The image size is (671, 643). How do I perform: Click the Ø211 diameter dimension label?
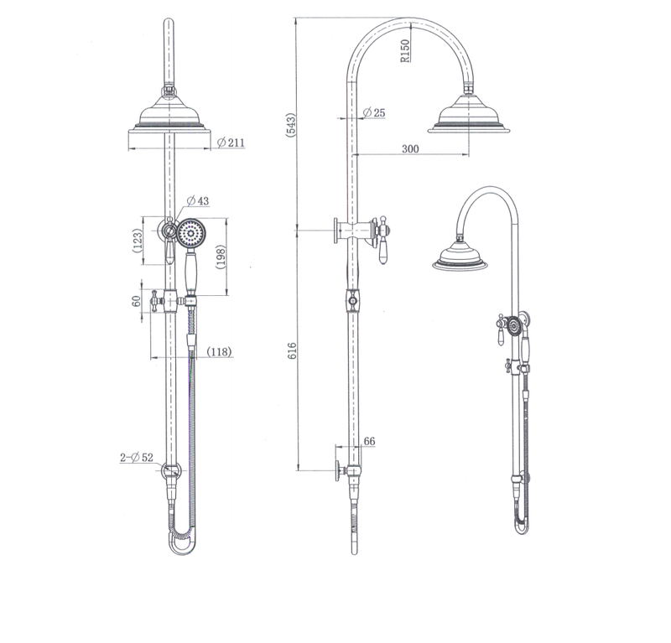pyautogui.click(x=231, y=143)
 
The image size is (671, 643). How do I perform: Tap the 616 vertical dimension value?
pyautogui.click(x=291, y=350)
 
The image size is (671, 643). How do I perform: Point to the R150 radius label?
pyautogui.click(x=404, y=51)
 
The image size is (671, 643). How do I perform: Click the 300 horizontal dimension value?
pyautogui.click(x=409, y=148)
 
